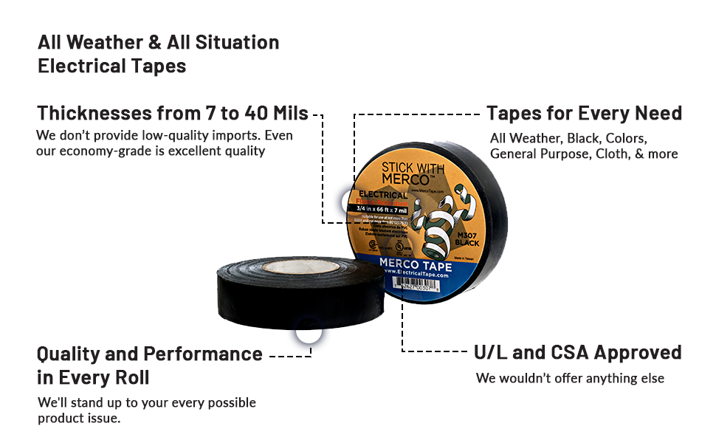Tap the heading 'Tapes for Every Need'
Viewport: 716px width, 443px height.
(584, 114)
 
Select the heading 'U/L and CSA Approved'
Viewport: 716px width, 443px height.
(577, 352)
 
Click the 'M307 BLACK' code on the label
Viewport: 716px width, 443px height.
(468, 236)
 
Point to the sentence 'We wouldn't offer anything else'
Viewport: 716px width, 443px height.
(570, 378)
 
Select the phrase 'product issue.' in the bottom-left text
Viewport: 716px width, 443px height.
(79, 418)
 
